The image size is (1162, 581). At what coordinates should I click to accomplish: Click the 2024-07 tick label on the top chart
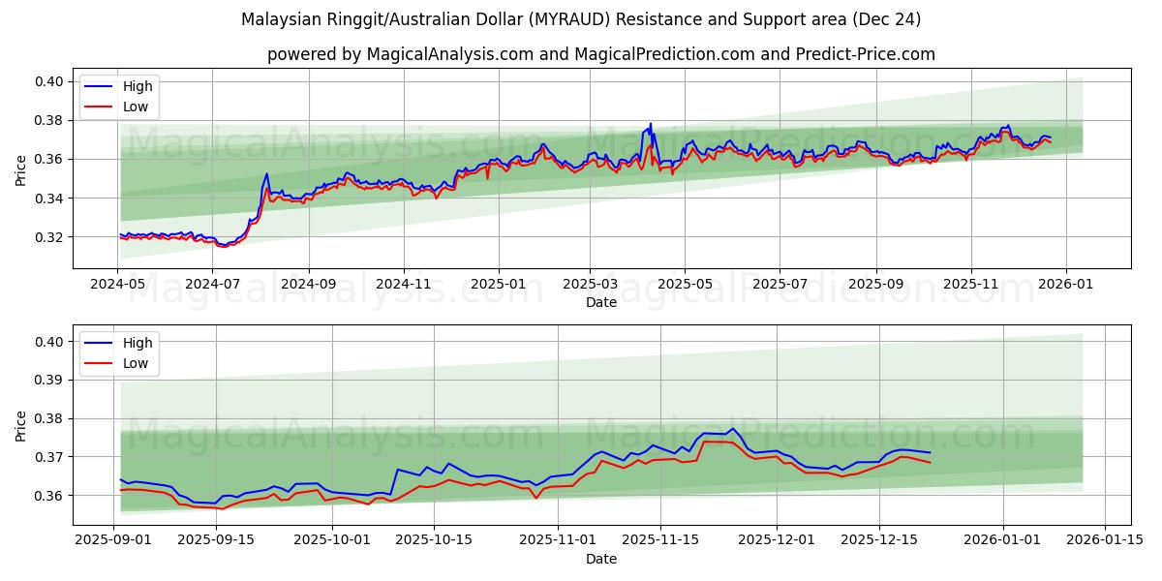[212, 285]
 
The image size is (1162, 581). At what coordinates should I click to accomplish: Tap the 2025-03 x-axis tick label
[590, 285]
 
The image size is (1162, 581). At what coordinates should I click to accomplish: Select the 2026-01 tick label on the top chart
[1066, 285]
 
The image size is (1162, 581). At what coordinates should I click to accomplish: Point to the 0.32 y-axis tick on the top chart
[50, 237]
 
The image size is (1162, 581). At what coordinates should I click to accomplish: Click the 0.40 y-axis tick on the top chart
[50, 81]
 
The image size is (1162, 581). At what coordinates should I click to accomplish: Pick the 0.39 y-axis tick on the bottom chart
[50, 381]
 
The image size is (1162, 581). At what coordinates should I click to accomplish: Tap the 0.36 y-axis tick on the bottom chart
[50, 496]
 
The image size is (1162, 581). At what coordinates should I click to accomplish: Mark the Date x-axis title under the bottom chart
[601, 559]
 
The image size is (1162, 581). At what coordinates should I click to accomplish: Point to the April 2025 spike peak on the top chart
[651, 124]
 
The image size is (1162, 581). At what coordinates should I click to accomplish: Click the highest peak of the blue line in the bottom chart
[732, 428]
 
